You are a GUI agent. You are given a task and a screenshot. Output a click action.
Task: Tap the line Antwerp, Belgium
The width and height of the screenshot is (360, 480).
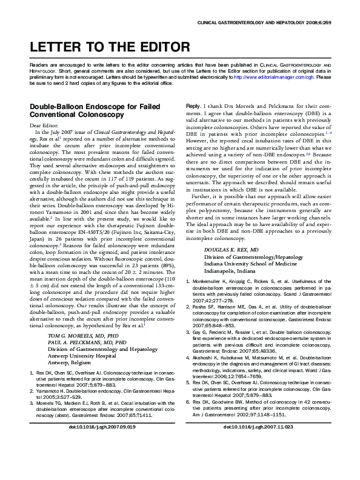pyautogui.click(x=69, y=362)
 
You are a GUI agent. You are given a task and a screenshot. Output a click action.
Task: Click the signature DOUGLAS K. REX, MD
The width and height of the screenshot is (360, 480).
pyautogui.click(x=231, y=250)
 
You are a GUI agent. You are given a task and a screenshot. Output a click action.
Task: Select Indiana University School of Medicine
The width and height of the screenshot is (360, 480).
pyautogui.click(x=246, y=264)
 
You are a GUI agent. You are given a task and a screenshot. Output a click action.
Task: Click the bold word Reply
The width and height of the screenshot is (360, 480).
pyautogui.click(x=192, y=105)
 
